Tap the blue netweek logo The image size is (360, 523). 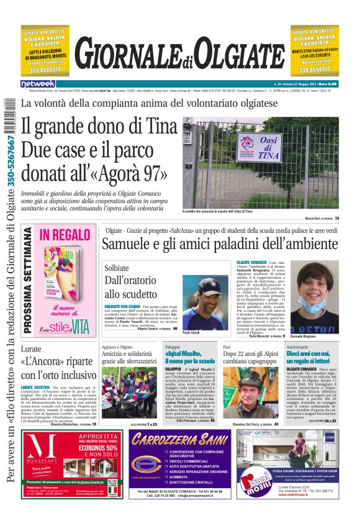click(x=38, y=83)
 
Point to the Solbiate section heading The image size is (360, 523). click(x=117, y=267)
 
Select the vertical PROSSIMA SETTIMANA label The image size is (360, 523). click(x=28, y=280)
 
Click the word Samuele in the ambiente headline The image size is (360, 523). click(x=128, y=244)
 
